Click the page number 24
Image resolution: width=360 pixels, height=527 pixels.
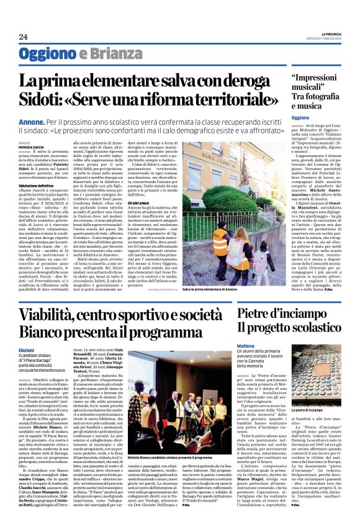(x=23, y=37)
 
